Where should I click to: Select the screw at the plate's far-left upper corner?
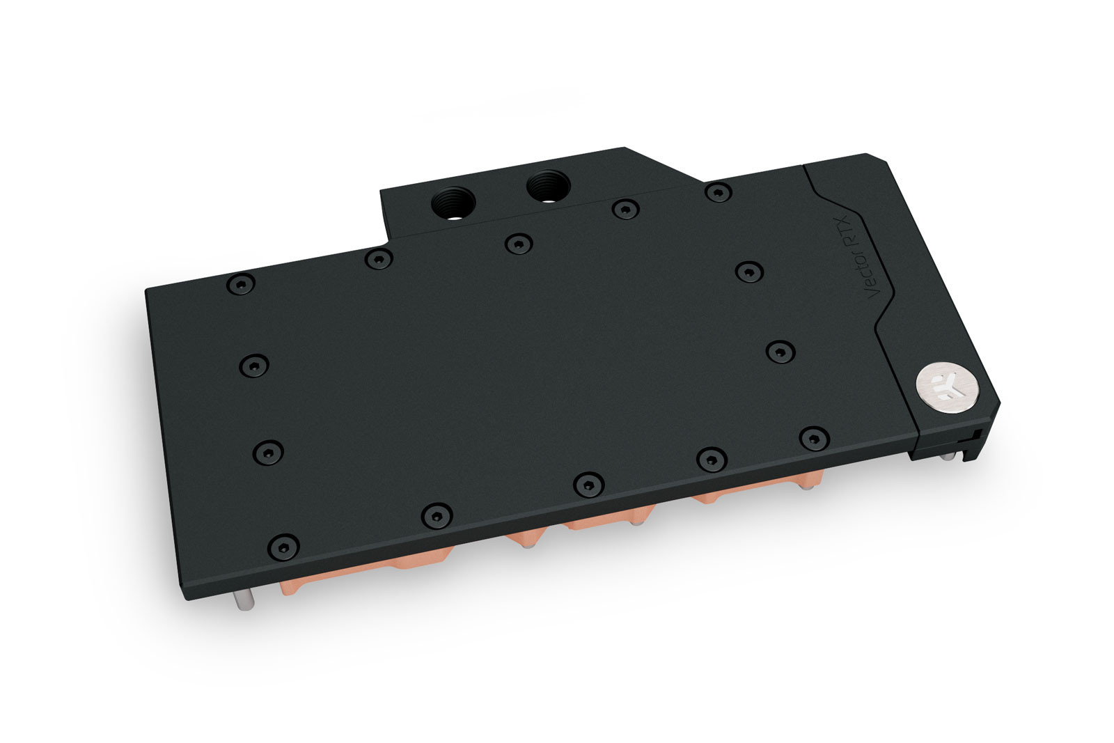241,283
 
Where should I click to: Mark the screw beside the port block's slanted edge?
716,191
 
